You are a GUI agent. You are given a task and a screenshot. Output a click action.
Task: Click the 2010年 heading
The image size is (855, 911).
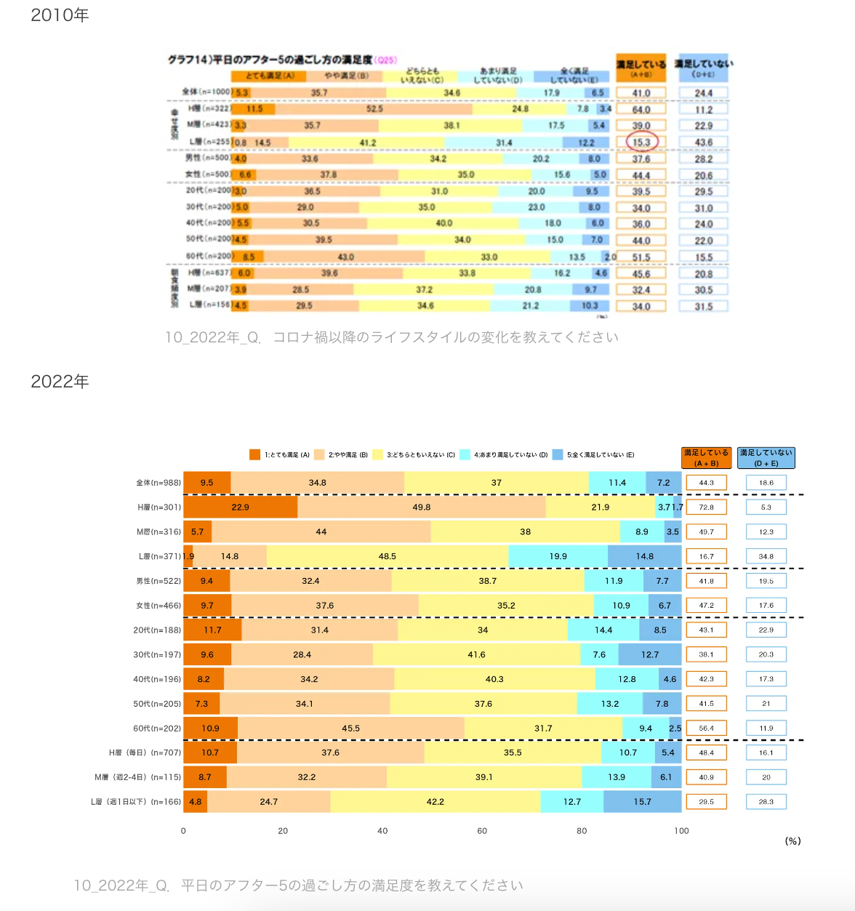click(60, 15)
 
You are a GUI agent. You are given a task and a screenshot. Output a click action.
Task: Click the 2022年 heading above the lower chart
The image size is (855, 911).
click(60, 382)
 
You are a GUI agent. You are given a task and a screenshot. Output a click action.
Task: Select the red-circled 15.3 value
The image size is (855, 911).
click(641, 142)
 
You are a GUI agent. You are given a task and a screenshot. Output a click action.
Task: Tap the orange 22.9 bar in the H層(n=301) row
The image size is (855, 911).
click(240, 507)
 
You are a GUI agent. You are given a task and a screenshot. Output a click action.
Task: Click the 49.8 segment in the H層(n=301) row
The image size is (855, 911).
click(422, 507)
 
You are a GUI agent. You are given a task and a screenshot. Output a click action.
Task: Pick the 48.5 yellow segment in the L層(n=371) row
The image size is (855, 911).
click(388, 556)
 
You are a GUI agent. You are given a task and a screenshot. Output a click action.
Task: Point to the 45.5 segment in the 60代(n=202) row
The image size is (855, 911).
click(351, 728)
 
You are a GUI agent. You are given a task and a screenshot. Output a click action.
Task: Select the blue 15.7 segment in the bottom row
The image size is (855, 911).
click(643, 802)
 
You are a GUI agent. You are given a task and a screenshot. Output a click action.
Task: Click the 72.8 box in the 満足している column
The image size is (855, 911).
click(707, 507)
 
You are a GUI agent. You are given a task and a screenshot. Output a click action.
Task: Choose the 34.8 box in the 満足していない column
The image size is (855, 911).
click(766, 556)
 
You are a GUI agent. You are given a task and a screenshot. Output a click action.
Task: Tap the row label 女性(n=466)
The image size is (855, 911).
click(158, 606)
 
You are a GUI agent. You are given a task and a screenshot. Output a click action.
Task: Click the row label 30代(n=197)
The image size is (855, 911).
click(157, 654)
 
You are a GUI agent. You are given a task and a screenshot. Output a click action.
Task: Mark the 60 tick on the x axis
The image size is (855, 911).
click(482, 831)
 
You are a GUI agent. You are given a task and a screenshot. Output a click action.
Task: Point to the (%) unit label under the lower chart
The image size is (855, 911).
click(792, 841)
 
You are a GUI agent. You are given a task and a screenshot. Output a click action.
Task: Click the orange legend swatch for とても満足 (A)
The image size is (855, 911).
click(254, 454)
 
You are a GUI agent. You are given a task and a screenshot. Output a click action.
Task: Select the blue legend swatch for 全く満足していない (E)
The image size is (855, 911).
click(558, 454)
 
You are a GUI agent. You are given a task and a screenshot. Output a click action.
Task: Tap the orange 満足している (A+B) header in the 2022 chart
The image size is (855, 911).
click(707, 457)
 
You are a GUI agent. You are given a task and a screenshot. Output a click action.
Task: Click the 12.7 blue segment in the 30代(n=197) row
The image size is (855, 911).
click(650, 654)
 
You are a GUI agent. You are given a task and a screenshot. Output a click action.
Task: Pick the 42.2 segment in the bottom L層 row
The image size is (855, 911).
click(435, 802)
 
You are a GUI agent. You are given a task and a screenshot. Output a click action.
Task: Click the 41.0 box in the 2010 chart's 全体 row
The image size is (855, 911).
click(641, 93)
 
